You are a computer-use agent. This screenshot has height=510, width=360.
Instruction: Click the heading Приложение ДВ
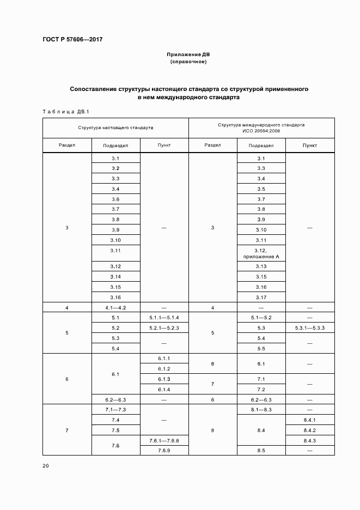point(188,55)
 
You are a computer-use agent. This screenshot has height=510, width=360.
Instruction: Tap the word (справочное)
point(188,62)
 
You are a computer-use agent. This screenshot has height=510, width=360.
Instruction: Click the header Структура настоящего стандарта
point(115,127)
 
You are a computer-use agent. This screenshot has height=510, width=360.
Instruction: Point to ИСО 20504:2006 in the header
point(261,131)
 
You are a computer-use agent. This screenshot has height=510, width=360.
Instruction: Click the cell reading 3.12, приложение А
point(261,253)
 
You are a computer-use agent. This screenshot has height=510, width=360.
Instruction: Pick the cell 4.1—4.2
point(115,308)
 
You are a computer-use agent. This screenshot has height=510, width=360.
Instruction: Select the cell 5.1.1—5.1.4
point(164,318)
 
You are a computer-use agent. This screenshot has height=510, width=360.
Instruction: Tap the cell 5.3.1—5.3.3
point(309,328)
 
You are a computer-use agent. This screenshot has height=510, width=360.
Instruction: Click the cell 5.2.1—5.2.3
point(164,328)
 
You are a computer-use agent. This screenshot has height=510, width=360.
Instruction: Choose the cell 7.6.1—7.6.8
point(164,440)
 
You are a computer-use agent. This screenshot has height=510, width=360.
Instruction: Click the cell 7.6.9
point(164,451)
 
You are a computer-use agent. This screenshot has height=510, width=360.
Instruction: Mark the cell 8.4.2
point(309,430)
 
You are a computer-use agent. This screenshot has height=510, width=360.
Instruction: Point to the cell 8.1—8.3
point(261,409)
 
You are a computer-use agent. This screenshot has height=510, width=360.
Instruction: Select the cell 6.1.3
point(164,379)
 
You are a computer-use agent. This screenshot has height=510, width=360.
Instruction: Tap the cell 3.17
point(261,297)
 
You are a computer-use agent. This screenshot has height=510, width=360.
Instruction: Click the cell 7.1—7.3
point(115,409)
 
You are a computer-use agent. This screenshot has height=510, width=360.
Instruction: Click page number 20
point(46,466)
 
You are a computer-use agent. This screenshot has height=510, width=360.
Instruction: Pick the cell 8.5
point(261,451)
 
